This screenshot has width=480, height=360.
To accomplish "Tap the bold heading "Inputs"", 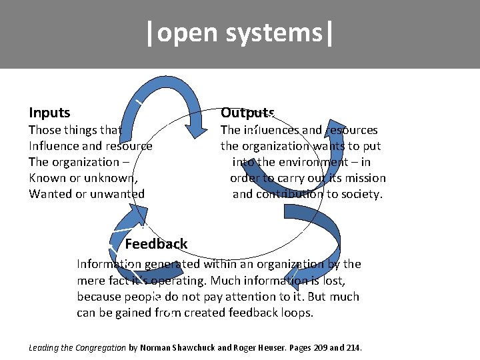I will [x=49, y=113].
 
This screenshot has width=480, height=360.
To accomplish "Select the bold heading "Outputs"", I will [x=247, y=113].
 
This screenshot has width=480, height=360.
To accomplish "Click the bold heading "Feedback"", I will [x=156, y=244].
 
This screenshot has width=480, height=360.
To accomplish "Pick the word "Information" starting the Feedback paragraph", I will [x=107, y=264].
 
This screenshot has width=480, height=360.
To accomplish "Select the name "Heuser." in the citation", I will [x=275, y=348].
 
